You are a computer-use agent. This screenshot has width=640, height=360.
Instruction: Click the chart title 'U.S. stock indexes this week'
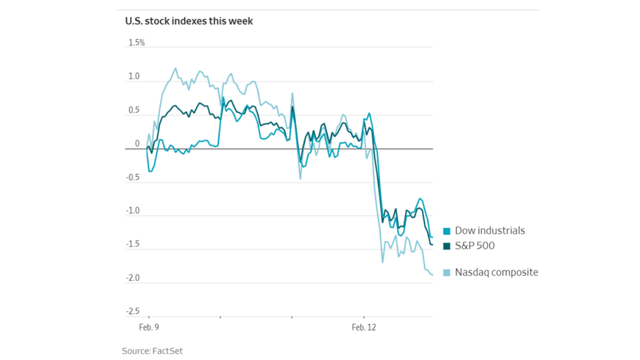[189, 21]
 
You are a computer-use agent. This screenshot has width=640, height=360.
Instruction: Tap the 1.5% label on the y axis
[136, 42]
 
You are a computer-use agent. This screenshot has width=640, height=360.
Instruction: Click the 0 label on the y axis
[137, 144]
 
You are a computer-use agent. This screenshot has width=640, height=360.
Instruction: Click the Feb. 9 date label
[149, 328]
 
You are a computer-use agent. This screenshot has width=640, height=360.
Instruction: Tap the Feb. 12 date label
[363, 328]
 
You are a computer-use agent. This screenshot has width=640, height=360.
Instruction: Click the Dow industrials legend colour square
[446, 231]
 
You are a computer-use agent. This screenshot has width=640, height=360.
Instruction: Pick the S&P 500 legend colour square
[446, 246]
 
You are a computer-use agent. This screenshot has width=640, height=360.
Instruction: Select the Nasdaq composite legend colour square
[446, 272]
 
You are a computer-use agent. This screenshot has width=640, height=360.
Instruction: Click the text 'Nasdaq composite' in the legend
[496, 272]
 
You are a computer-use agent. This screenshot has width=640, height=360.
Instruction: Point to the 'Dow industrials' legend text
[490, 231]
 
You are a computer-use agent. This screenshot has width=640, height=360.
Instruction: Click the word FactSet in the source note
[168, 351]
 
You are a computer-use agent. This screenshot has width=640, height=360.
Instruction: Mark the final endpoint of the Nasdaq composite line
[432, 274]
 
